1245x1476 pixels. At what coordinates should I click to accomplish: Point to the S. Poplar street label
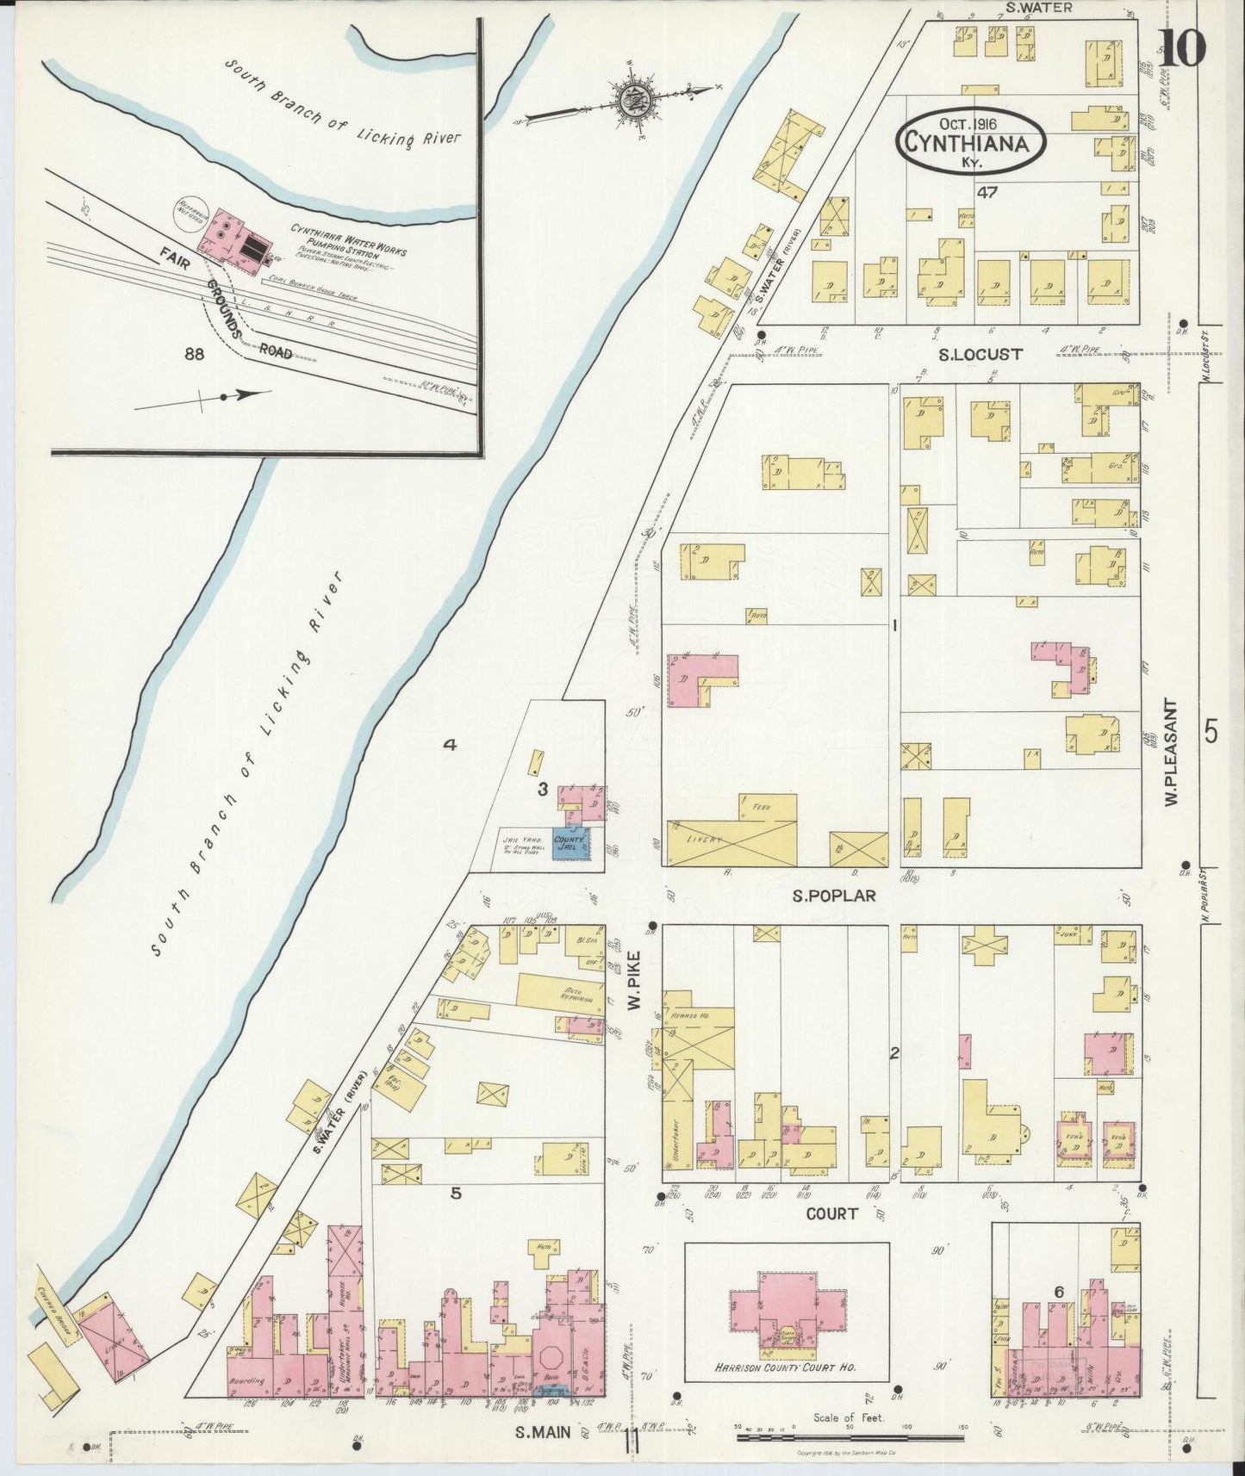[834, 896]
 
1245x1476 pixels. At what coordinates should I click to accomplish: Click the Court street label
[831, 1213]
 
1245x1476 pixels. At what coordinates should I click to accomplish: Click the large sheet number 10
[1180, 47]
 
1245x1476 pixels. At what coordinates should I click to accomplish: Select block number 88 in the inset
[195, 353]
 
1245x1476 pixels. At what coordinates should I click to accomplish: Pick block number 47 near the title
[987, 193]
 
